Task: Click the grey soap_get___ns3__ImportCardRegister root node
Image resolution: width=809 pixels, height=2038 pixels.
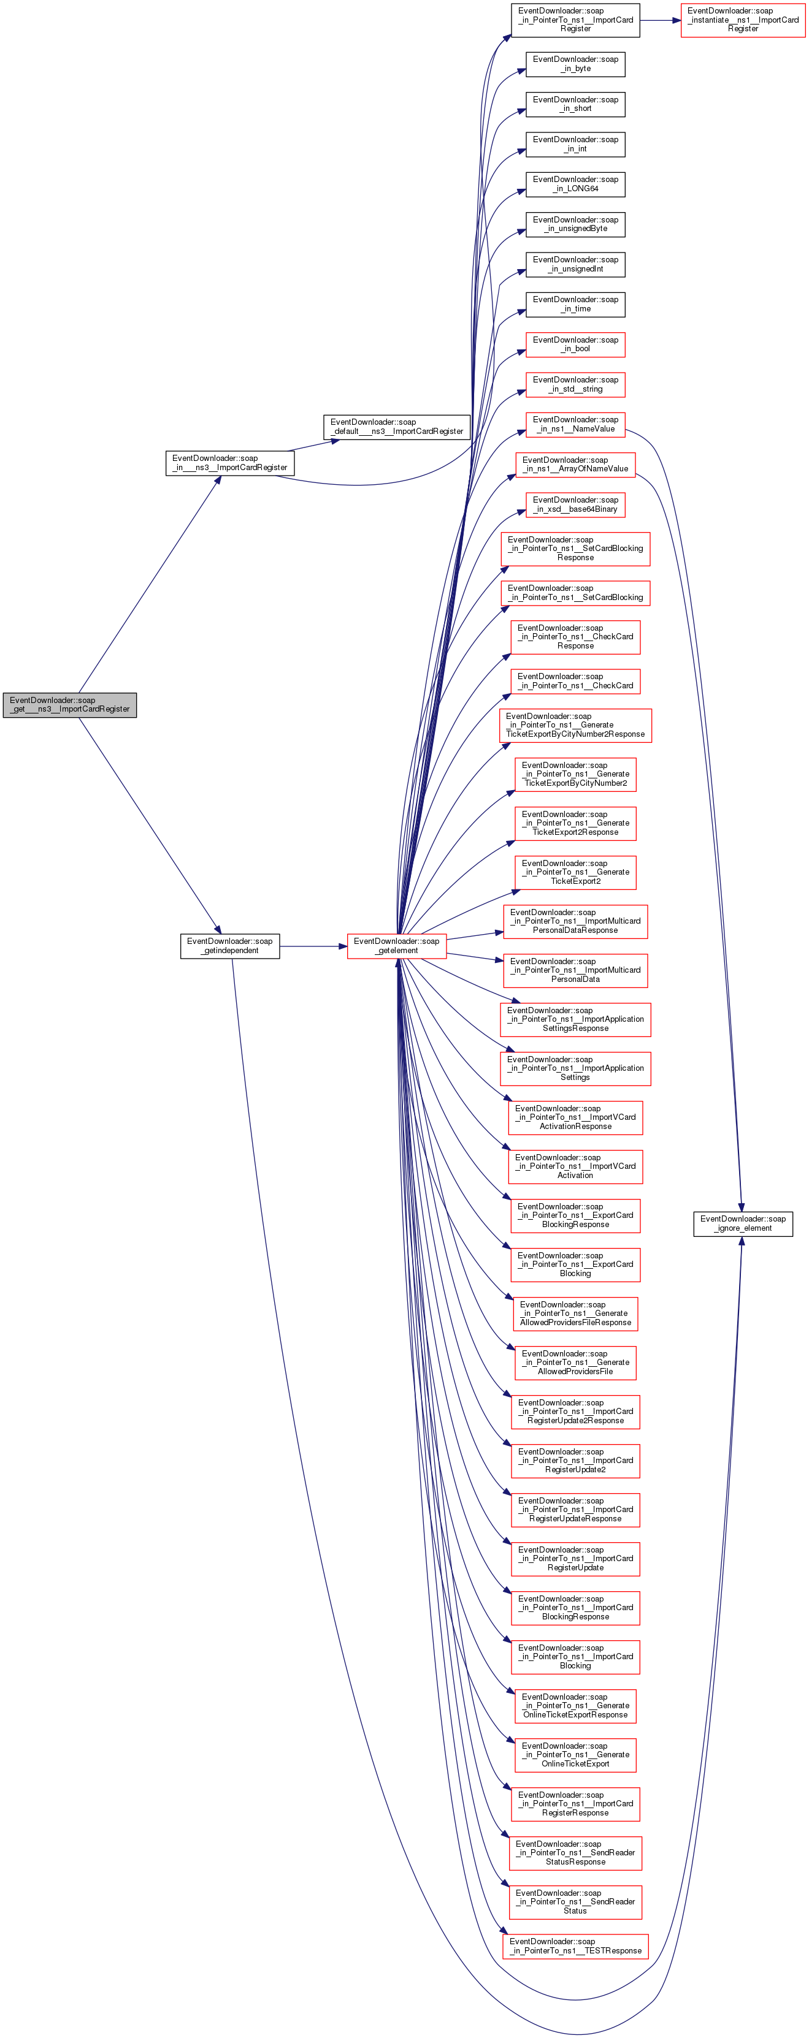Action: (x=70, y=705)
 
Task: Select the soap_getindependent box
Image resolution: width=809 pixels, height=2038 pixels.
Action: (x=229, y=946)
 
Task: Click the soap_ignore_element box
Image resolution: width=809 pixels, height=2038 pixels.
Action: (x=743, y=1223)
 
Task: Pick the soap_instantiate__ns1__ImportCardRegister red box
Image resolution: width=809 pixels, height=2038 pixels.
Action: (x=743, y=20)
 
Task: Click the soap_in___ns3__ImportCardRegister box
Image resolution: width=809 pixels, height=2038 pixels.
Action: (x=229, y=463)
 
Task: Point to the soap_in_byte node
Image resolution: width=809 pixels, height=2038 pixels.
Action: (x=575, y=64)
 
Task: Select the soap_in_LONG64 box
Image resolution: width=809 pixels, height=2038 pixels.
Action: (x=575, y=184)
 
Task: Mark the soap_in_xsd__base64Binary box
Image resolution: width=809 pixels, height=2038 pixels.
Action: (x=575, y=505)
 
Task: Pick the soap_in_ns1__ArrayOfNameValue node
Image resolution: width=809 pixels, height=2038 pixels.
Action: (x=575, y=465)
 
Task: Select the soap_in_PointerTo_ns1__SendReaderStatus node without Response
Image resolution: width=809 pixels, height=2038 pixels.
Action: (x=575, y=1901)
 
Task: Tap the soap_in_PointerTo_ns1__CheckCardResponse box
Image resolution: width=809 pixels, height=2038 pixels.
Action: (x=575, y=637)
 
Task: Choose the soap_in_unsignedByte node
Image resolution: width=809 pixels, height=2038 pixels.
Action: (x=575, y=225)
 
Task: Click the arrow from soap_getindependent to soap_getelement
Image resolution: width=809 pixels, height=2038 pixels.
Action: (x=313, y=946)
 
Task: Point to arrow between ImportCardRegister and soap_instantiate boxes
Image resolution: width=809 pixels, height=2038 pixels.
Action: (x=660, y=20)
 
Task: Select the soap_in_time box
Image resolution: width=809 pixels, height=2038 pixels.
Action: (x=575, y=305)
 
